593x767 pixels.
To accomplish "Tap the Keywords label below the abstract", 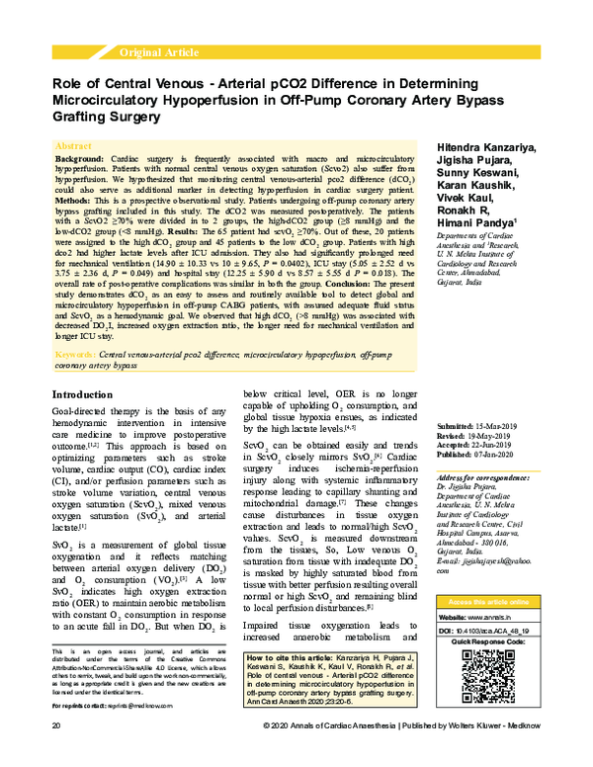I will pos(76,353).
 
